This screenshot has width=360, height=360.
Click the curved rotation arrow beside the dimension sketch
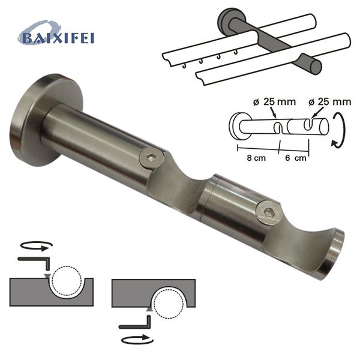338,132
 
